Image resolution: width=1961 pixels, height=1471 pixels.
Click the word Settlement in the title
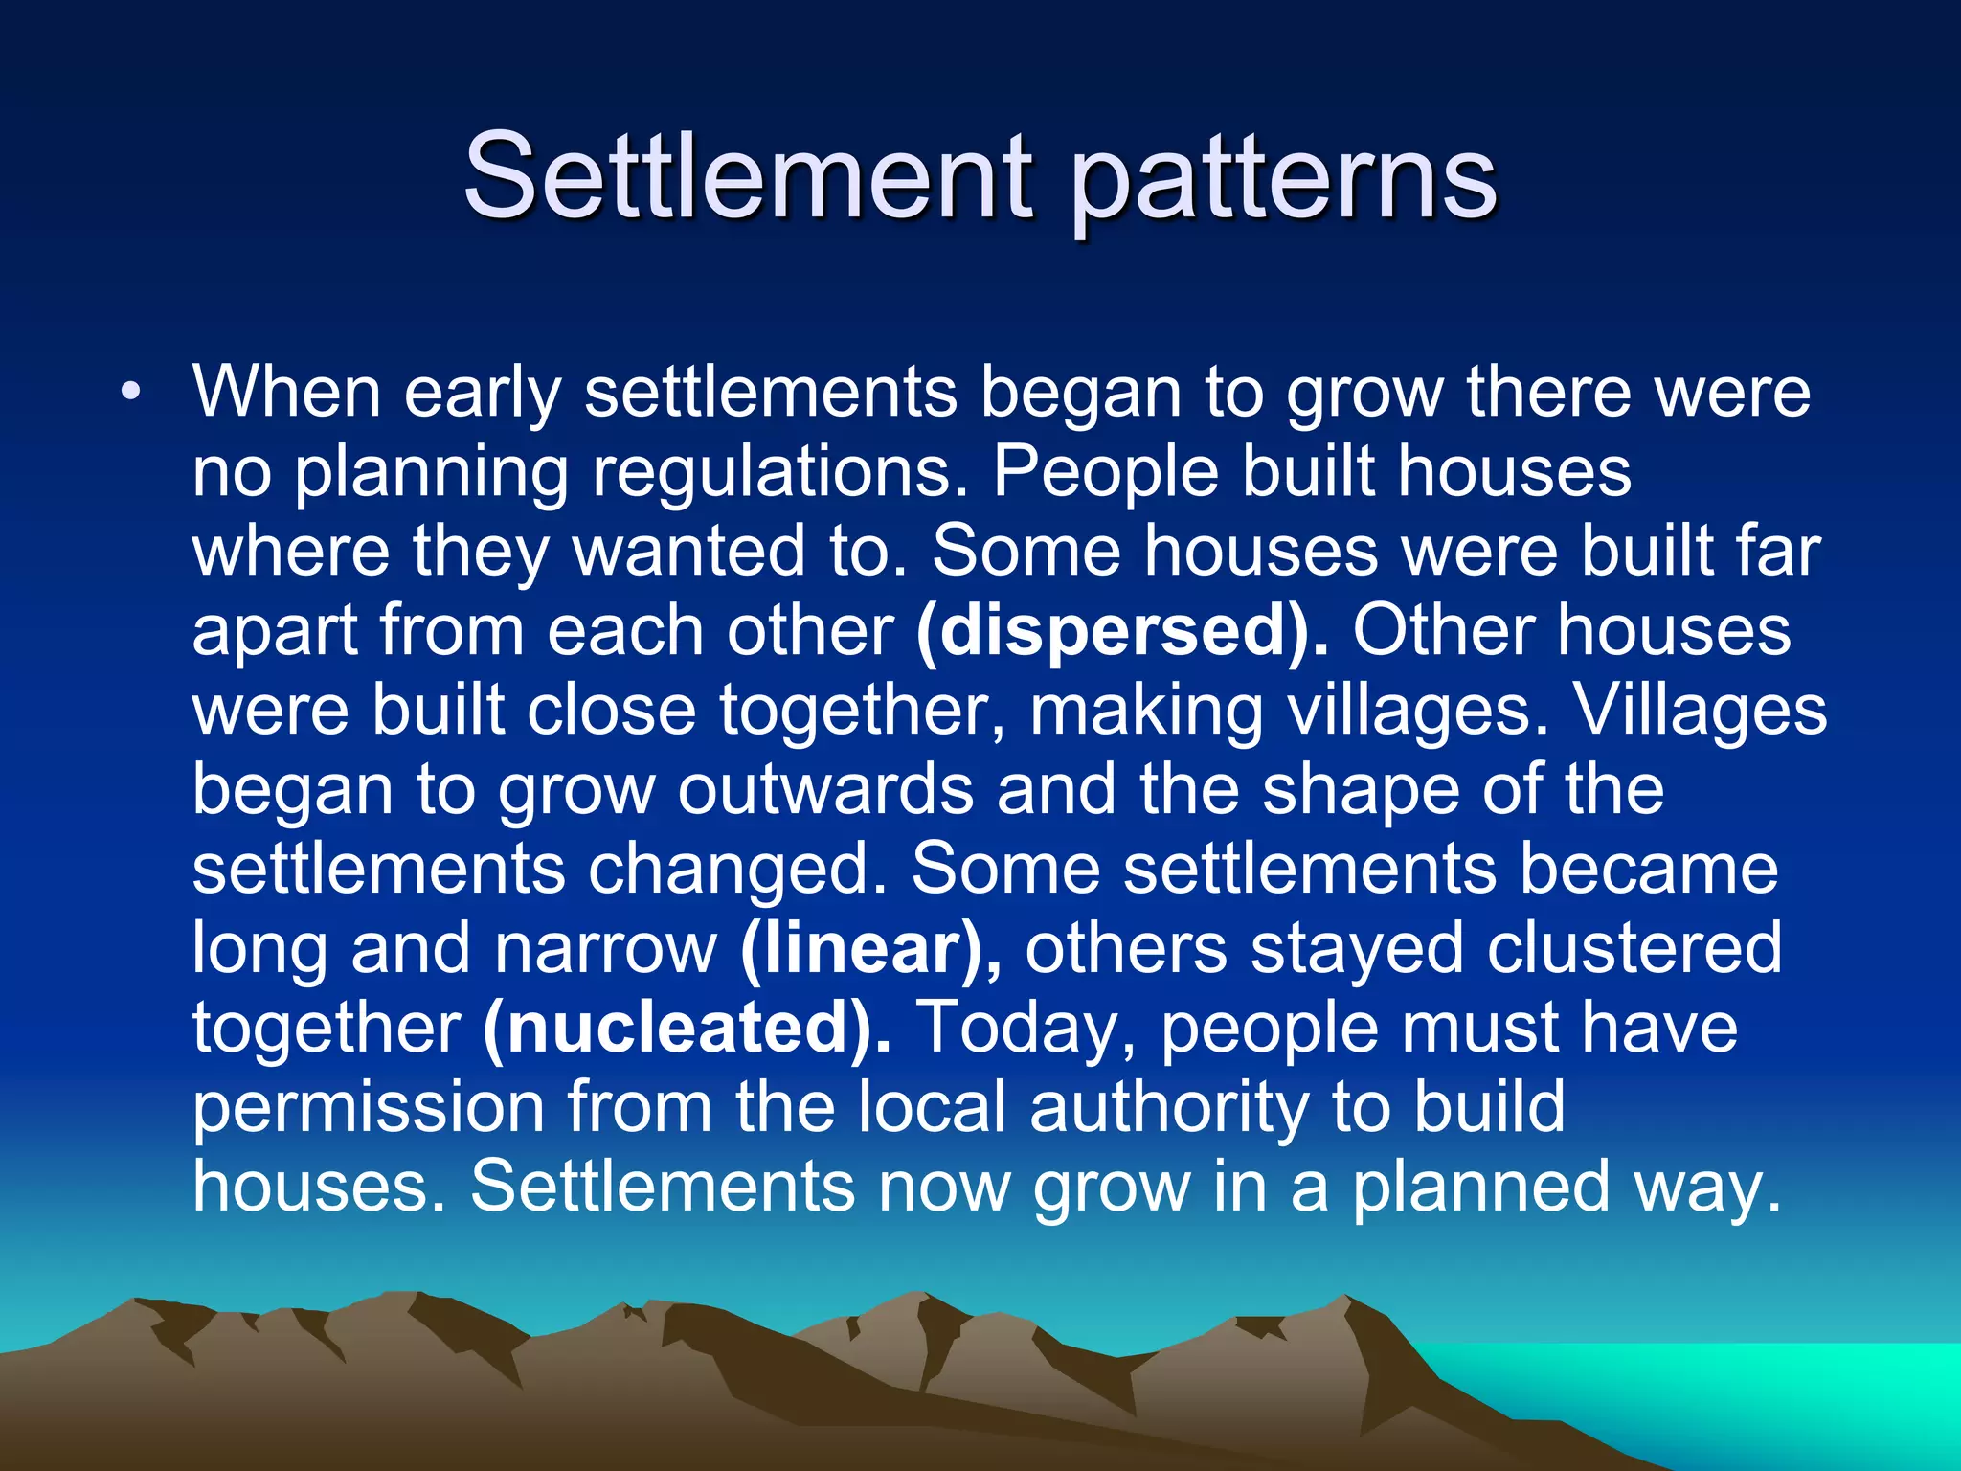tap(747, 177)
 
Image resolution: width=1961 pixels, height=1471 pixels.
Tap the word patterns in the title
tap(1282, 182)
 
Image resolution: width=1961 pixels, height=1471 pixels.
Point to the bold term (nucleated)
tap(687, 1028)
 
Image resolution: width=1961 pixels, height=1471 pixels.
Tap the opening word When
tap(287, 392)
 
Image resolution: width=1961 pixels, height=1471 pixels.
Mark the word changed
tap(736, 870)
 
